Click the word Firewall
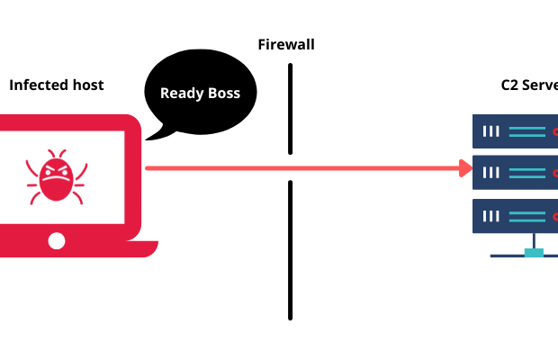pos(286,45)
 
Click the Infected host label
pos(56,85)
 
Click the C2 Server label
pos(529,85)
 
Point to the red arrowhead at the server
pos(465,167)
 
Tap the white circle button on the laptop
pos(57,240)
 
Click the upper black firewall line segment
pos(290,108)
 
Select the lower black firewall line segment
pos(290,249)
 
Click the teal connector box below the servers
pos(535,253)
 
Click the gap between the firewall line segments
pos(290,167)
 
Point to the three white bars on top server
pos(491,131)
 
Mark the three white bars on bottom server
pos(491,215)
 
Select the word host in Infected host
pos(86,85)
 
